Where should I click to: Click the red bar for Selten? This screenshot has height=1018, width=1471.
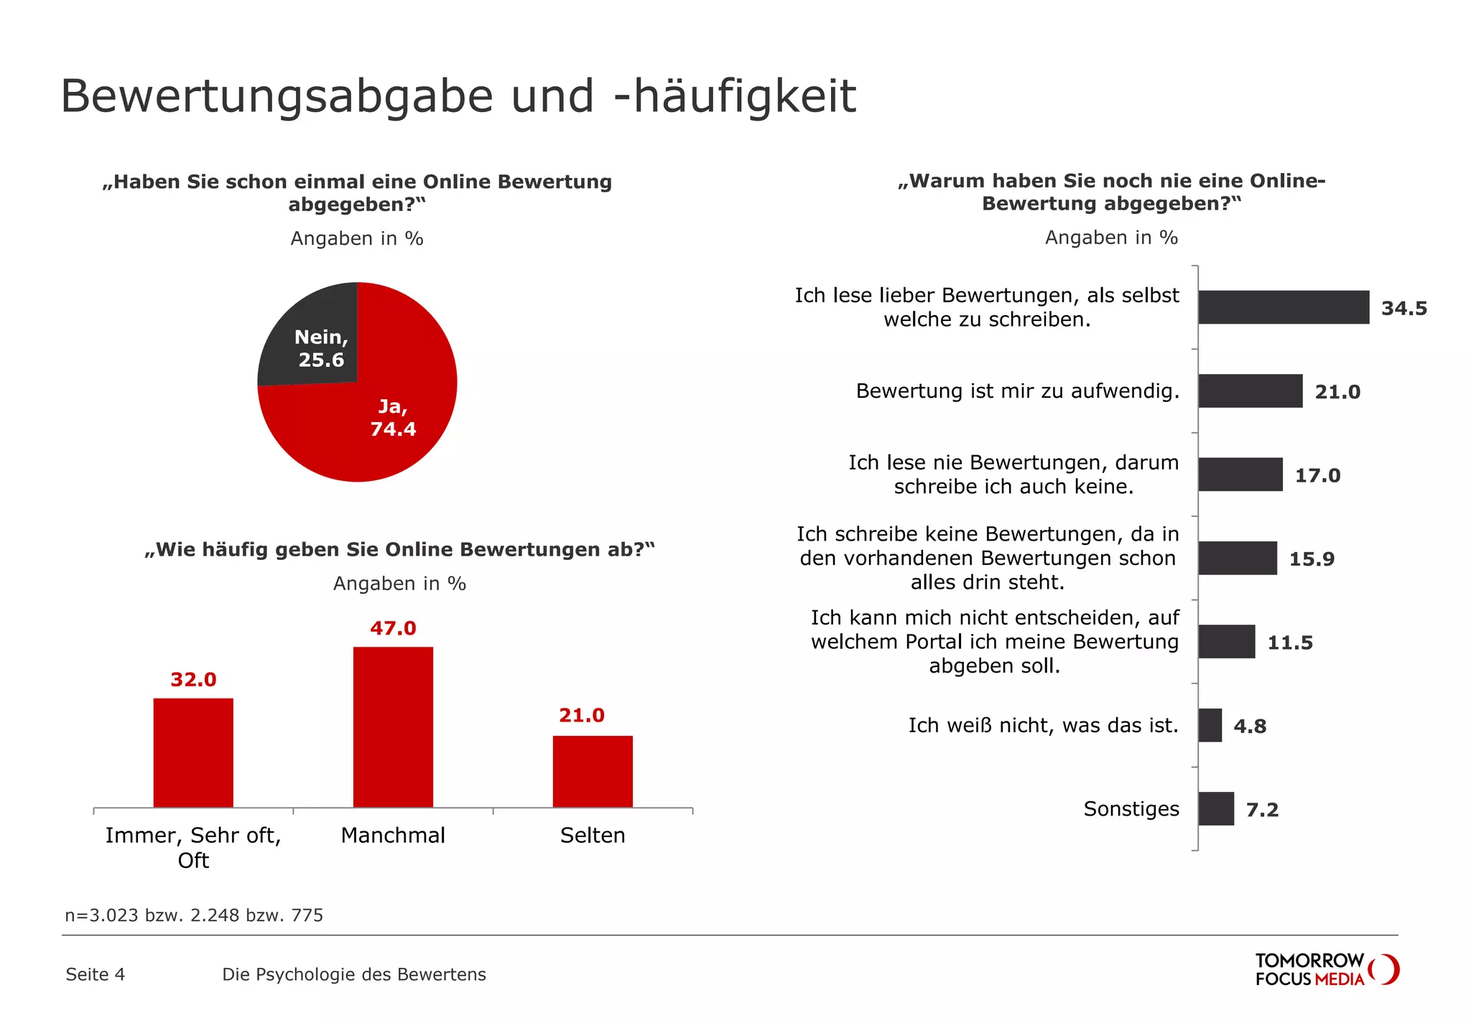[593, 771]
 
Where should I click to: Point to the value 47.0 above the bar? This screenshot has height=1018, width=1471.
[393, 628]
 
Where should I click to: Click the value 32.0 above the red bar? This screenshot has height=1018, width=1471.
[193, 679]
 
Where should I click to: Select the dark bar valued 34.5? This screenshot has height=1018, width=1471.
[1284, 307]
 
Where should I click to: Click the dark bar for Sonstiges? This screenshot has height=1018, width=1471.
[1216, 808]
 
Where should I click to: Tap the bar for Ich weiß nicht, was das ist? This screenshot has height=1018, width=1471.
[1210, 725]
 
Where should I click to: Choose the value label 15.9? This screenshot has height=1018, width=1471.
[1312, 559]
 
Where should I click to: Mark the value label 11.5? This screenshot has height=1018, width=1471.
[1290, 643]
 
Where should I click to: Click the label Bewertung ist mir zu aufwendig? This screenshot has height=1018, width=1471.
[1017, 391]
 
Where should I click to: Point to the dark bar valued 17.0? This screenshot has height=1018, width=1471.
[1240, 475]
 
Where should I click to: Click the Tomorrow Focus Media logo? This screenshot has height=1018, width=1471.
[1326, 970]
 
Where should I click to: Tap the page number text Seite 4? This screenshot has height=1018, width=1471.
[95, 974]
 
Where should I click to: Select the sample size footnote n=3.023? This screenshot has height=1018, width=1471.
[194, 915]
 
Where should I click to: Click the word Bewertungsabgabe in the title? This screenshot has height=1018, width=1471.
[277, 96]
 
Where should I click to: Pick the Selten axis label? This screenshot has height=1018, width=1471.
[593, 835]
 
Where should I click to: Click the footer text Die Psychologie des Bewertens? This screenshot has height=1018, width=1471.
[354, 974]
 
